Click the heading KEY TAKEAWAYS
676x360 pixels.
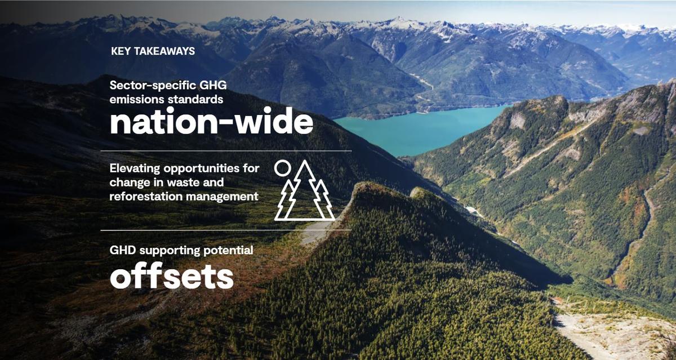coord(153,51)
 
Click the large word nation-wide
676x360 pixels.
coord(211,122)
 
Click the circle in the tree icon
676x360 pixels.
coord(282,168)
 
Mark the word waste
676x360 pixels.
coord(208,183)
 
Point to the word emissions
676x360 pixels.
coord(134,99)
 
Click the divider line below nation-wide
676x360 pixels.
coord(226,151)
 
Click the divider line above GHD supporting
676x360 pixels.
coord(226,230)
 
